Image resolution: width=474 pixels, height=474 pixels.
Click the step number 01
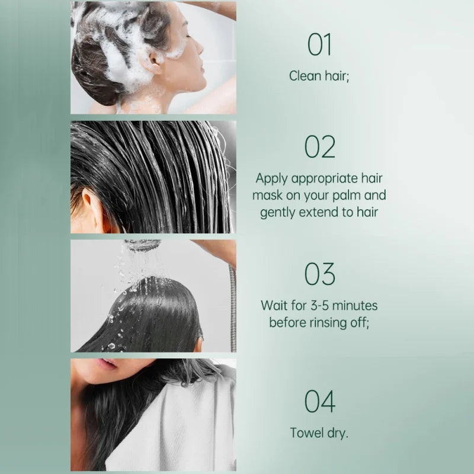[319, 44]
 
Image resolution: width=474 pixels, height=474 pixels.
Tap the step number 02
[320, 147]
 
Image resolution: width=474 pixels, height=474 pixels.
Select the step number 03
[320, 274]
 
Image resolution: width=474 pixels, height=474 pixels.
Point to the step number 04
[320, 401]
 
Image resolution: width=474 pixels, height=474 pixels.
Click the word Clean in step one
[306, 76]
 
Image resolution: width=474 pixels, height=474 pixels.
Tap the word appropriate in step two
[324, 179]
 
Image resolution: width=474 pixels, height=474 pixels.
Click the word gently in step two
[278, 213]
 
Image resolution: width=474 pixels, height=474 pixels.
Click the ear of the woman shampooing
[156, 62]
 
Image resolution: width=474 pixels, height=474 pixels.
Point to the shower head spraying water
[142, 245]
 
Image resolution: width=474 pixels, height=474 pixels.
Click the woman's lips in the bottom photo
[107, 364]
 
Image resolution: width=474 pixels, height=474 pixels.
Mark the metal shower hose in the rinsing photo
[232, 308]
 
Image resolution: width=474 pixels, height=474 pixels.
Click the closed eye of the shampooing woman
[188, 36]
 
